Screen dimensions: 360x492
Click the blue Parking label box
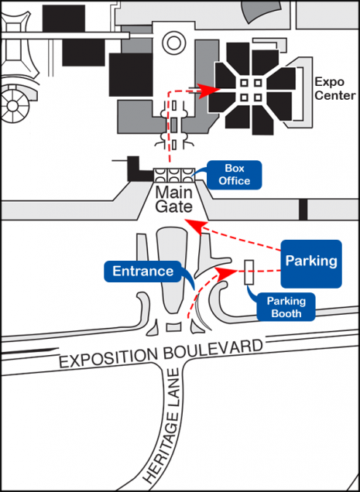311,264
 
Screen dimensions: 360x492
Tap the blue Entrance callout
143,271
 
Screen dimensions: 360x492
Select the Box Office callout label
234,175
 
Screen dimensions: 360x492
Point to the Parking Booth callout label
286,307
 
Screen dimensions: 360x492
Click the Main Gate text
173,200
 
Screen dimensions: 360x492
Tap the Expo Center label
334,89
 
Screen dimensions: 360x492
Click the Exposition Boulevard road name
161,354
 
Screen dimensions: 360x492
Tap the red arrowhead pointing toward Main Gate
195,226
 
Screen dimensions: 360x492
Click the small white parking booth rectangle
249,272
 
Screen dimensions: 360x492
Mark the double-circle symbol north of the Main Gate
172,44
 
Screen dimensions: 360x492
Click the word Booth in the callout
286,313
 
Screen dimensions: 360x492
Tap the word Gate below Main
173,207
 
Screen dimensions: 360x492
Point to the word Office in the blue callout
235,181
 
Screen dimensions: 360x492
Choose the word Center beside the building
335,95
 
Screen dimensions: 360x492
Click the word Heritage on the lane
163,441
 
